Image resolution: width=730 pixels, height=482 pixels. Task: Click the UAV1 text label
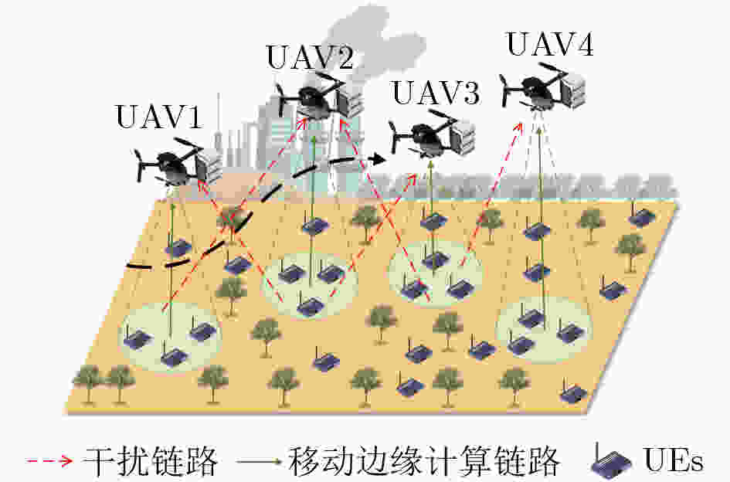click(x=159, y=117)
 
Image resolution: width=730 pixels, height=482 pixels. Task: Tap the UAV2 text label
click(x=310, y=57)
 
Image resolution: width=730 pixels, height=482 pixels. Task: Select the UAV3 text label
click(x=436, y=92)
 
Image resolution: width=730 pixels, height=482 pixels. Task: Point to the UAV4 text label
click(x=550, y=44)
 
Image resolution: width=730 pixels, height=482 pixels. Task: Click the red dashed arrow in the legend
click(x=49, y=461)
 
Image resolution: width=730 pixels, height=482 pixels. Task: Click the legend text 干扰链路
click(x=150, y=461)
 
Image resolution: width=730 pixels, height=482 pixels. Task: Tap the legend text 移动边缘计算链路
click(x=423, y=461)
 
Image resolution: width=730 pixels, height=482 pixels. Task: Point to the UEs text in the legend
click(x=673, y=460)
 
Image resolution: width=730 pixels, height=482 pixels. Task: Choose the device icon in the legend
click(x=611, y=461)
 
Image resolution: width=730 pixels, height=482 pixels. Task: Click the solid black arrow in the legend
click(x=259, y=461)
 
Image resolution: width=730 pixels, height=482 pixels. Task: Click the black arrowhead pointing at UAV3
click(x=377, y=159)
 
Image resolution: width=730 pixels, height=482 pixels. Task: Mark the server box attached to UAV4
click(x=572, y=91)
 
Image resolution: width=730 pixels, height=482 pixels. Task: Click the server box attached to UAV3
click(x=463, y=136)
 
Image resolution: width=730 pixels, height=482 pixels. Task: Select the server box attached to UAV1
click(x=209, y=166)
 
